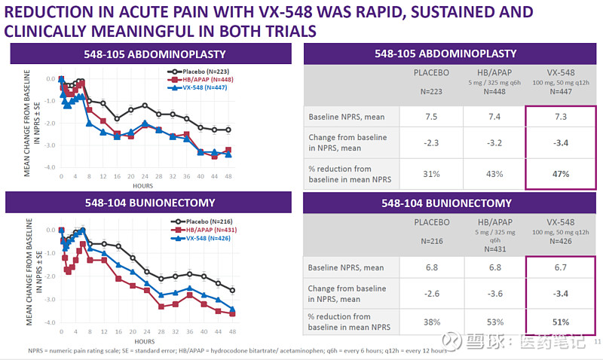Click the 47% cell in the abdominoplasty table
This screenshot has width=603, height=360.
click(559, 173)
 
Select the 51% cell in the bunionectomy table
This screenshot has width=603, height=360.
click(559, 322)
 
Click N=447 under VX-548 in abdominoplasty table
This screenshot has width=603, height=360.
click(559, 91)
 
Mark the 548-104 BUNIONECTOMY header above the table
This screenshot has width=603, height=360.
click(448, 203)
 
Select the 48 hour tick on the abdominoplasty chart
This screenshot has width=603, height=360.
click(228, 175)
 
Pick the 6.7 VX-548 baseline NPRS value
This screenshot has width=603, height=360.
click(559, 267)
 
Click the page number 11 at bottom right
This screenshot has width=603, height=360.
click(595, 343)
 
